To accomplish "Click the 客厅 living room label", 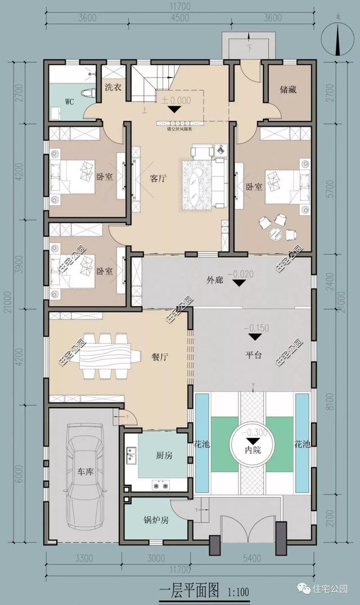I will [159, 179].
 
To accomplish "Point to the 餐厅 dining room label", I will [161, 356].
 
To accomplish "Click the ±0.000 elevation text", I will [176, 101].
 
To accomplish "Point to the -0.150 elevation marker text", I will [255, 328].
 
